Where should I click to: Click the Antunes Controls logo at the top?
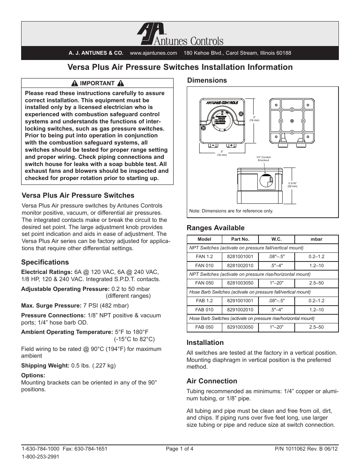(180, 35)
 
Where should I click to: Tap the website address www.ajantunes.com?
(153, 53)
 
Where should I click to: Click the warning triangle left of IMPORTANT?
(75, 83)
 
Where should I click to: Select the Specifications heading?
(45, 262)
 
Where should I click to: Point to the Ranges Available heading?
(215, 228)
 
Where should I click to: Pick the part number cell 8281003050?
(240, 283)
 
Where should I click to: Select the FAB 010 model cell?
(204, 310)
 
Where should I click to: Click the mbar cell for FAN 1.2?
(316, 257)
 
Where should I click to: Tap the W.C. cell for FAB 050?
(276, 327)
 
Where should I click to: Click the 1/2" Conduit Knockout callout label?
(263, 158)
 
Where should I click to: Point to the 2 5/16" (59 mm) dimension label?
(292, 185)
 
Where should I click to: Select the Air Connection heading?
(212, 381)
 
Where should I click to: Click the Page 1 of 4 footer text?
(180, 449)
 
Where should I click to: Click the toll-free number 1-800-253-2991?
(40, 456)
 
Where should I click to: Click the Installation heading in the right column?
(205, 343)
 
